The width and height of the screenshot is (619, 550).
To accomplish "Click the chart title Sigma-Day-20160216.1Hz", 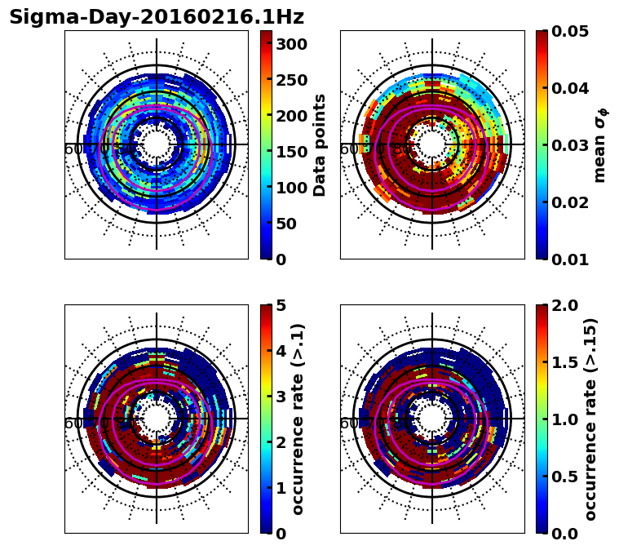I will tap(157, 17).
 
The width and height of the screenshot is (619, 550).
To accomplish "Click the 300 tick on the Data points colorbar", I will tap(290, 44).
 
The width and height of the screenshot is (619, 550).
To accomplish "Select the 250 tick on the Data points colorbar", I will tap(290, 80).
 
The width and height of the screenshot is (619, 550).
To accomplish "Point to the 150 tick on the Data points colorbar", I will tap(290, 152).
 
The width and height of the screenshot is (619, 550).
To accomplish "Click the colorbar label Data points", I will tap(320, 145).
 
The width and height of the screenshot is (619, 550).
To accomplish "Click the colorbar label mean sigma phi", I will tap(599, 145).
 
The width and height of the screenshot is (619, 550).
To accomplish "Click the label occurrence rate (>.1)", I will tap(298, 419).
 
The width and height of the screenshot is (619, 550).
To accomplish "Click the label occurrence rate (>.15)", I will tap(590, 419).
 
